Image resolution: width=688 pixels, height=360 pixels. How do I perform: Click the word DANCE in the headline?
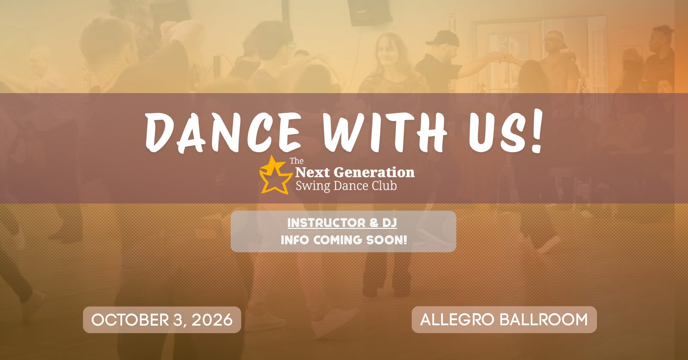click(223, 132)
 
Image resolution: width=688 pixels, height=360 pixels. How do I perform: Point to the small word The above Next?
click(297, 161)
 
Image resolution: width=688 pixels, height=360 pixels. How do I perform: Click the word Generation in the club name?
click(374, 173)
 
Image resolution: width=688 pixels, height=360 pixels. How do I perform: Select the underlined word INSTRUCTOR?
click(326, 223)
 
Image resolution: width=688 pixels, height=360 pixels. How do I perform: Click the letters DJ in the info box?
click(390, 223)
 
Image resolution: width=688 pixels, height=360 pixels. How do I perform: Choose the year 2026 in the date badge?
click(212, 320)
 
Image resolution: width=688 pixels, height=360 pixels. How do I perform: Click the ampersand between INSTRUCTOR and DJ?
click(374, 223)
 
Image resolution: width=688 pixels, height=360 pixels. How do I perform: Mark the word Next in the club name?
click(312, 173)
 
